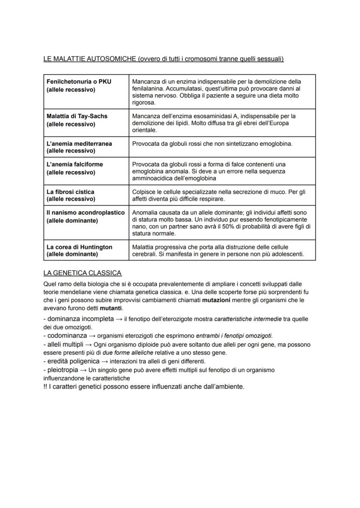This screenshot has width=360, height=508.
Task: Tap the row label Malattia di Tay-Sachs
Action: pyautogui.click(x=77, y=116)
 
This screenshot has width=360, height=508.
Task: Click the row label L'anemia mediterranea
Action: pyautogui.click(x=79, y=143)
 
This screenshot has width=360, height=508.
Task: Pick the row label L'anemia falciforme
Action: pyautogui.click(x=75, y=164)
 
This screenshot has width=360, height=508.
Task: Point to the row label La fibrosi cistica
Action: pyautogui.click(x=70, y=191)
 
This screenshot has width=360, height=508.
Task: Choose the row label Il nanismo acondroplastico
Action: pyautogui.click(x=86, y=212)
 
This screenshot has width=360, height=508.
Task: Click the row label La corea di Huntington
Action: pyautogui.click(x=79, y=247)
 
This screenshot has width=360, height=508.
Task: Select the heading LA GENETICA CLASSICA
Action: pyautogui.click(x=82, y=273)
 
